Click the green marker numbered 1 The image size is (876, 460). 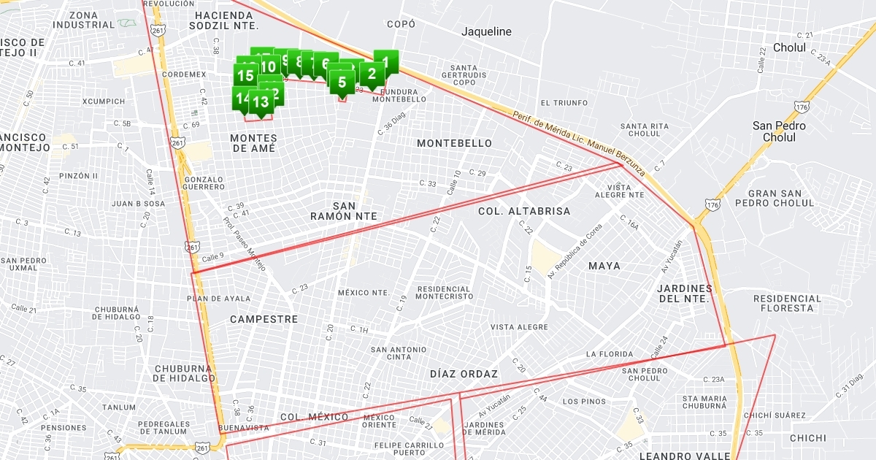(x=386, y=62)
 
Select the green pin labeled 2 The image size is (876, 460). (x=372, y=73)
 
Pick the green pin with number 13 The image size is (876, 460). (x=261, y=102)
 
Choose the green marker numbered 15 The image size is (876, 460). (x=245, y=75)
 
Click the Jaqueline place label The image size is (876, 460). (x=486, y=31)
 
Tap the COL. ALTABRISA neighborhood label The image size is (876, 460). (x=524, y=211)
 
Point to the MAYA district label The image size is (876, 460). (x=604, y=266)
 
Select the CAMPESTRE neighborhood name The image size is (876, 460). (x=264, y=319)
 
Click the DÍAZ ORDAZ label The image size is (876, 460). (x=464, y=374)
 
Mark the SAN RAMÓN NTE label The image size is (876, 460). (x=343, y=211)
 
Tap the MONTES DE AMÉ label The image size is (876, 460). (x=253, y=143)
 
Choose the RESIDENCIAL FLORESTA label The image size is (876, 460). (x=787, y=303)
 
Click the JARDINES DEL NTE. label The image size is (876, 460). (x=684, y=294)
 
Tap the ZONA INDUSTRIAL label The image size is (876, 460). (x=84, y=20)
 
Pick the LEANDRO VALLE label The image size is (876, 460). (x=684, y=456)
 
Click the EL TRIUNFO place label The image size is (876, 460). (x=564, y=103)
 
